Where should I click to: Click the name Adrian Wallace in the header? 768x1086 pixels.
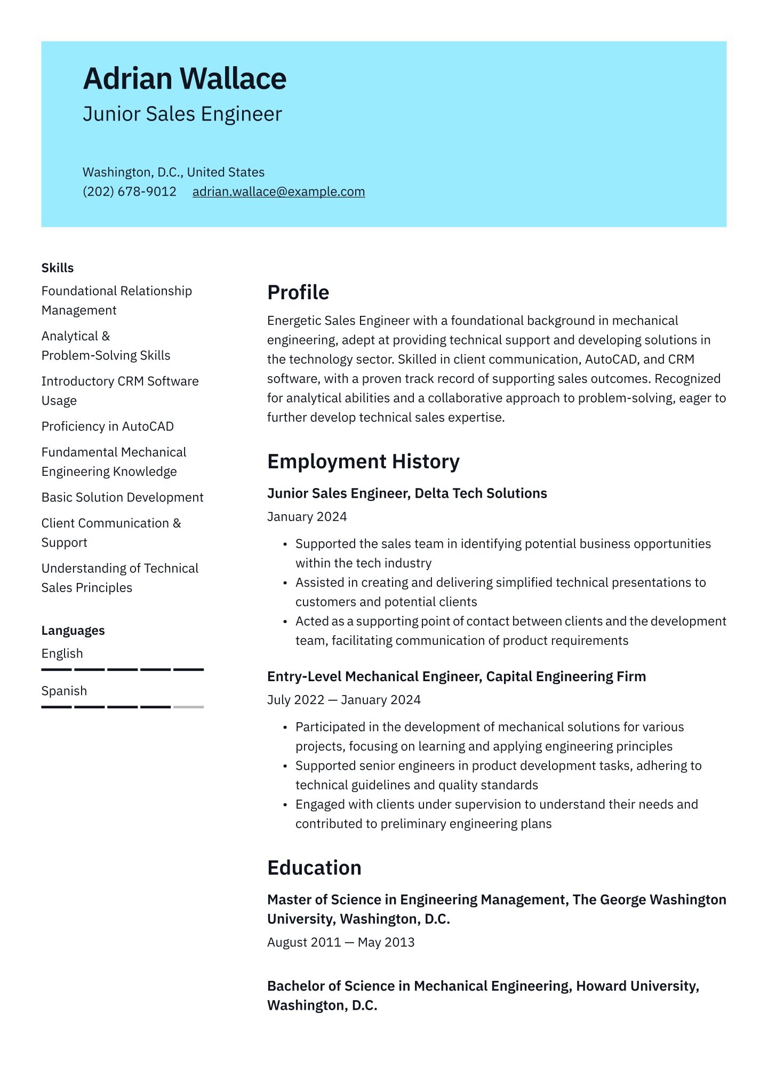pyautogui.click(x=185, y=78)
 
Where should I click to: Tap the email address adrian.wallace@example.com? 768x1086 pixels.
pyautogui.click(x=278, y=191)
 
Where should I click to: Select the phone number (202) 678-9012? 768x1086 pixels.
pyautogui.click(x=130, y=191)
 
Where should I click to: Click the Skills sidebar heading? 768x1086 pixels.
pyautogui.click(x=58, y=268)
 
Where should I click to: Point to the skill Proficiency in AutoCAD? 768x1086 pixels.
pyautogui.click(x=108, y=426)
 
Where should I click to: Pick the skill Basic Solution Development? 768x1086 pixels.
pyautogui.click(x=123, y=497)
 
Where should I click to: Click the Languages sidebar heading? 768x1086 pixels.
pyautogui.click(x=73, y=630)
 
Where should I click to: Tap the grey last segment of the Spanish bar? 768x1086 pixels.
pyautogui.click(x=188, y=707)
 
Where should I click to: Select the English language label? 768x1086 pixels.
pyautogui.click(x=62, y=653)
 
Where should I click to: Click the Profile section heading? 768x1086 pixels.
pyautogui.click(x=298, y=292)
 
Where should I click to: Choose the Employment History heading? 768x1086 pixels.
pyautogui.click(x=363, y=461)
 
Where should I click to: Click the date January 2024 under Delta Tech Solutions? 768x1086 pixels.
pyautogui.click(x=307, y=516)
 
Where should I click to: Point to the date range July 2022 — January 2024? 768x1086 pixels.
pyautogui.click(x=344, y=699)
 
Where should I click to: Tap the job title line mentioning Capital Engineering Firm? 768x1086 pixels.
pyautogui.click(x=457, y=676)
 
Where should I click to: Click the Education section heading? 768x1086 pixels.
pyautogui.click(x=314, y=868)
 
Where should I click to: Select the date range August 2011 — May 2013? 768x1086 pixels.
pyautogui.click(x=341, y=942)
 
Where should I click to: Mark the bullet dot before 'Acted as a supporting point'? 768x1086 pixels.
pyautogui.click(x=285, y=622)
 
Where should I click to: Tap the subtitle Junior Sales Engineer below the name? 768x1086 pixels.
pyautogui.click(x=182, y=114)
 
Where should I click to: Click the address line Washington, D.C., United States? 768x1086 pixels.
pyautogui.click(x=173, y=172)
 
